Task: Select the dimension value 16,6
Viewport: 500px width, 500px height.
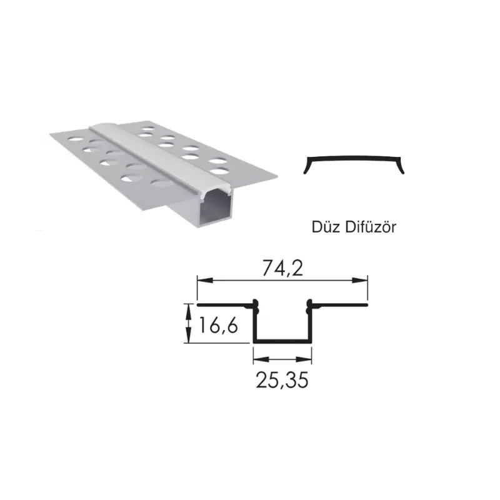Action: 217,326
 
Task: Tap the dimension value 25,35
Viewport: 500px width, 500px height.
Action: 282,380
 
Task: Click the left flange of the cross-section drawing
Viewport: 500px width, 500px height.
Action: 225,306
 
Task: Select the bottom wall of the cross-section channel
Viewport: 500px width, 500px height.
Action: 282,342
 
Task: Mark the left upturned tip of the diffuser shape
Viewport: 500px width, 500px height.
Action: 306,169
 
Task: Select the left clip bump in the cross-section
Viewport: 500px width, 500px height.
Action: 255,305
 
